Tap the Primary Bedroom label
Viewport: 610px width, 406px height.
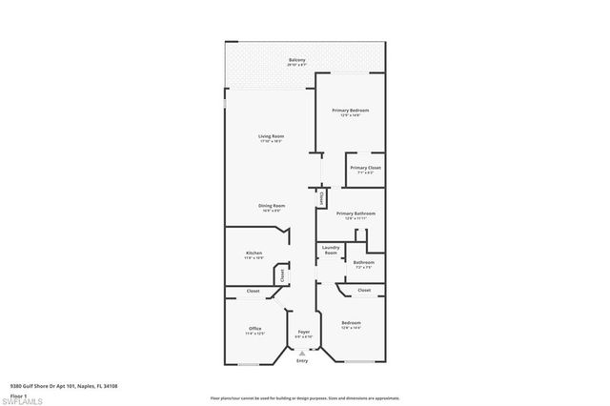(x=350, y=111)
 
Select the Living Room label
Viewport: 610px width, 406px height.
(x=271, y=136)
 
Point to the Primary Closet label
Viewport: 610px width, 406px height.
(x=365, y=168)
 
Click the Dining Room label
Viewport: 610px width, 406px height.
(x=272, y=206)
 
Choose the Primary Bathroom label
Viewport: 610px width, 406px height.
(x=359, y=213)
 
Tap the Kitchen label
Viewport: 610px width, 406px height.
(x=254, y=253)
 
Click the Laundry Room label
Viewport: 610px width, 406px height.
(x=331, y=251)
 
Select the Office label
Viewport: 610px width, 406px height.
(x=254, y=329)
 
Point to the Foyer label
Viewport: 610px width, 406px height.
(x=303, y=332)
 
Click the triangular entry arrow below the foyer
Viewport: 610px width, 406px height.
(x=303, y=353)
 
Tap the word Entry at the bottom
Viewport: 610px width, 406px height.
(x=302, y=361)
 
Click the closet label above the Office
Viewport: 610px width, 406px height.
(x=254, y=291)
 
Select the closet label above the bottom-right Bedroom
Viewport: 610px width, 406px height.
(x=364, y=290)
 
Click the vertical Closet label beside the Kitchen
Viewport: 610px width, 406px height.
(x=282, y=274)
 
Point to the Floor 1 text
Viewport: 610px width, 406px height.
(x=17, y=395)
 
